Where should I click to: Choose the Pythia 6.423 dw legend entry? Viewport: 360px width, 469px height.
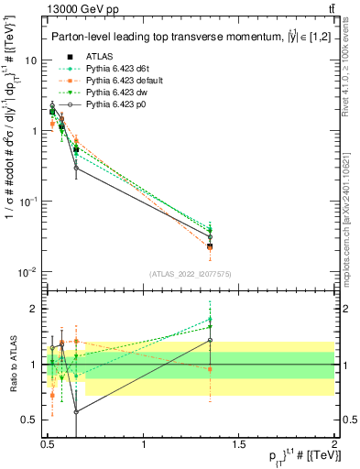(x=113, y=93)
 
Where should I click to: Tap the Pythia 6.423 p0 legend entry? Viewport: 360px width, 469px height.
(x=113, y=106)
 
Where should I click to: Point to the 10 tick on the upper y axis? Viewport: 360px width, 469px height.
(x=30, y=60)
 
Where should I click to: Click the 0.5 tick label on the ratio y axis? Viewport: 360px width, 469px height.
(x=29, y=420)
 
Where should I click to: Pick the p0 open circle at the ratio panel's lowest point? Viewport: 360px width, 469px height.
(x=76, y=412)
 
